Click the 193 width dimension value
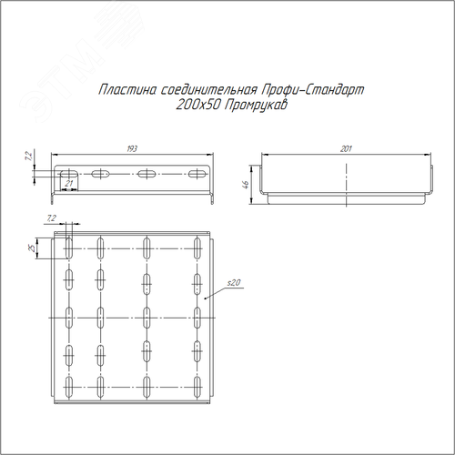[132, 148]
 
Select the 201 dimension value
[346, 148]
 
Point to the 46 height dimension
[247, 184]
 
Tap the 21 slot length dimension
[69, 183]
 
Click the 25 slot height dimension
[32, 248]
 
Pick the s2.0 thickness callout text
[234, 283]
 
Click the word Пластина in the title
[127, 90]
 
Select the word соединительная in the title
[209, 90]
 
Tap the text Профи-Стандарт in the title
[313, 90]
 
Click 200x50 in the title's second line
[197, 106]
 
